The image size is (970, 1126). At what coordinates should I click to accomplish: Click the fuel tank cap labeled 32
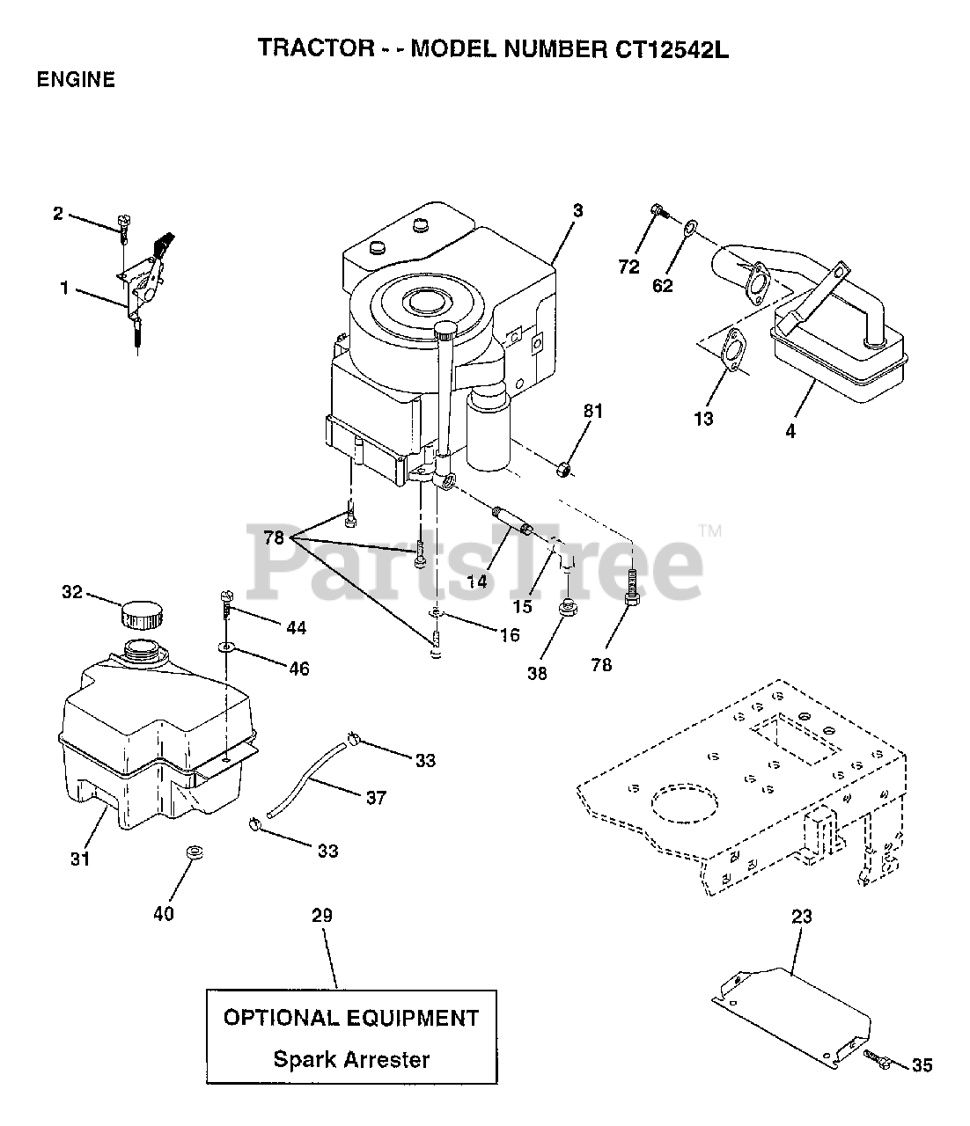click(x=141, y=613)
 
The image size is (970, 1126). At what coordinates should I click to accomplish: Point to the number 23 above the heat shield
click(x=801, y=917)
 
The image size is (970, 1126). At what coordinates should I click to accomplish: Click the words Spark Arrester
click(x=351, y=1058)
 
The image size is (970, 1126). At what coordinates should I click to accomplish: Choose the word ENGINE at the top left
click(x=76, y=80)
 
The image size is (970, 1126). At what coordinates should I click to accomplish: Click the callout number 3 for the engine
click(x=577, y=211)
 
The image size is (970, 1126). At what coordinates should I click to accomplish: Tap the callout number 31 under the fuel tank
click(x=80, y=859)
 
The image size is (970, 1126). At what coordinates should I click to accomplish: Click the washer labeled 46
click(x=226, y=647)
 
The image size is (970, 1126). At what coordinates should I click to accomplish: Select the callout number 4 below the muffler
click(x=790, y=432)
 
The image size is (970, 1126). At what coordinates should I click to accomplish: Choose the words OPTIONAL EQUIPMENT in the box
click(x=351, y=1019)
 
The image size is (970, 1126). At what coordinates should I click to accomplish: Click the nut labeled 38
click(x=568, y=606)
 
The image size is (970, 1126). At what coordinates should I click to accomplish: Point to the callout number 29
click(x=322, y=916)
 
